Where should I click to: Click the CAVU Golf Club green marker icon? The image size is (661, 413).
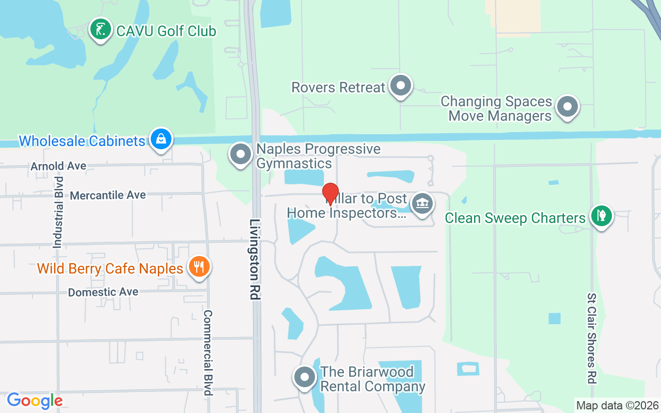click(100, 29)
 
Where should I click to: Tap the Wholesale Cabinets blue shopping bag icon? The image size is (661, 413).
click(161, 139)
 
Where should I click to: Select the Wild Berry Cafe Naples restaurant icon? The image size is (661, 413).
click(199, 267)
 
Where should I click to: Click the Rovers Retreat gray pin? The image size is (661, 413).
click(400, 86)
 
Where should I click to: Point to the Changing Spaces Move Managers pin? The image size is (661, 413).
click(568, 107)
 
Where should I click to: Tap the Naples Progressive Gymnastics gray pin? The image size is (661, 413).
click(240, 154)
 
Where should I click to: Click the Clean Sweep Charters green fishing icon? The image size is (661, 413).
click(601, 216)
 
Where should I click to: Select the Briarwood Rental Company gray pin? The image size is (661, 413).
click(305, 377)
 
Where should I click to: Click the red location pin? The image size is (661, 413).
click(330, 195)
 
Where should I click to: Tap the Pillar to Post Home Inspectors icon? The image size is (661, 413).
click(422, 203)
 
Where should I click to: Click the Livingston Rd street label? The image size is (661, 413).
click(255, 260)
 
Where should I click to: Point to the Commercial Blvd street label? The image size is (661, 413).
click(208, 352)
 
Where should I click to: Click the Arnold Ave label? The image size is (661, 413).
click(58, 166)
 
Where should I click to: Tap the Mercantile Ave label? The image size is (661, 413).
click(107, 195)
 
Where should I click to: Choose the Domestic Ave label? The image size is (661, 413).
click(103, 292)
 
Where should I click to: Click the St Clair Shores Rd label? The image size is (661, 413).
click(592, 338)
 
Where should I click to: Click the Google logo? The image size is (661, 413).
click(35, 400)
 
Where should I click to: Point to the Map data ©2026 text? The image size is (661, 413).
click(618, 405)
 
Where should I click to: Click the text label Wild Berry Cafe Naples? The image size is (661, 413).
click(110, 268)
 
